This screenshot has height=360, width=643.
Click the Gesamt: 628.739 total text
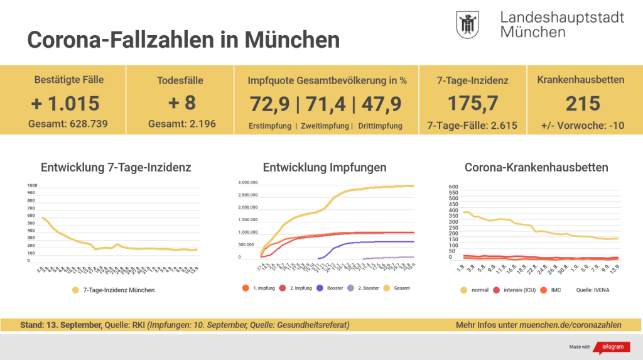click(x=68, y=124)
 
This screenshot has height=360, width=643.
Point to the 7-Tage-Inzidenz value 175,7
click(x=472, y=104)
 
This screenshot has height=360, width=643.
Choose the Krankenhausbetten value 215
click(x=582, y=104)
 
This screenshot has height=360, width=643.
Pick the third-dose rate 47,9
click(x=381, y=104)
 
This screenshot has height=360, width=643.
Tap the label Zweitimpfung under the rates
click(x=325, y=126)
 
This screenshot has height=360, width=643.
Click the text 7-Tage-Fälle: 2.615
click(x=472, y=125)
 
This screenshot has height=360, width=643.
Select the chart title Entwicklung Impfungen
click(x=325, y=168)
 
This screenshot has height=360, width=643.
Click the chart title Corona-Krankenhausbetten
click(x=536, y=168)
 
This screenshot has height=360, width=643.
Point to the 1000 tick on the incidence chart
click(x=33, y=185)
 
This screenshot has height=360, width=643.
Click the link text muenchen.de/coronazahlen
click(x=570, y=325)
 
